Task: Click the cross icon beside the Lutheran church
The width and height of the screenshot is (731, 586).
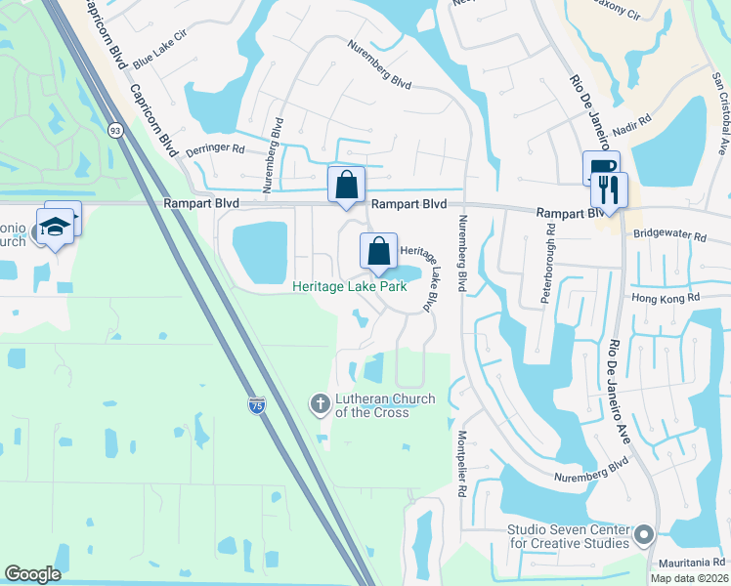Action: (x=319, y=403)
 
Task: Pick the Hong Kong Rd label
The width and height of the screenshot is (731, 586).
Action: (x=666, y=298)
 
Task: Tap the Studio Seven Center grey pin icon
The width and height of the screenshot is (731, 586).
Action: (x=643, y=534)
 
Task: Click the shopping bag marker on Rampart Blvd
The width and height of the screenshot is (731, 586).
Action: (x=346, y=184)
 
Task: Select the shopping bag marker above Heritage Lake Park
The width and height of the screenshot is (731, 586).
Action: (x=378, y=251)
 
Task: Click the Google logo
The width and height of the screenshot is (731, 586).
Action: (x=32, y=574)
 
